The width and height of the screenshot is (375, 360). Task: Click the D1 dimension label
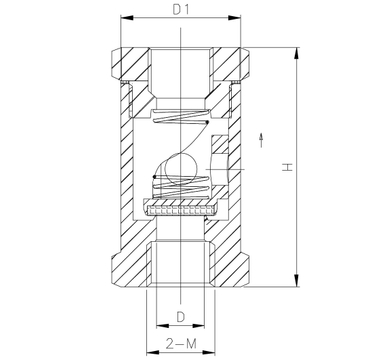pyautogui.click(x=181, y=10)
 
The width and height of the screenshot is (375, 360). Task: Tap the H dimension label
pyautogui.click(x=287, y=167)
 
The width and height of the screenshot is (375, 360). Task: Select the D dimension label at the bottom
pyautogui.click(x=180, y=317)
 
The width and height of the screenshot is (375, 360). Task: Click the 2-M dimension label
pyautogui.click(x=181, y=344)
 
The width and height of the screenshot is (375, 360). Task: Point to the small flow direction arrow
pyautogui.click(x=261, y=140)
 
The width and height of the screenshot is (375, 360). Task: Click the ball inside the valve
pyautogui.click(x=180, y=171)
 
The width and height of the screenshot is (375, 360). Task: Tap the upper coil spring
pyautogui.click(x=181, y=116)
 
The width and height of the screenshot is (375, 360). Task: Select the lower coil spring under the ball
pyautogui.click(x=181, y=187)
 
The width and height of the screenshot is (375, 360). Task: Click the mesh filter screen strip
pyautogui.click(x=180, y=210)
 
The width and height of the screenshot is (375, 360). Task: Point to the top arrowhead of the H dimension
pyautogui.click(x=296, y=53)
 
